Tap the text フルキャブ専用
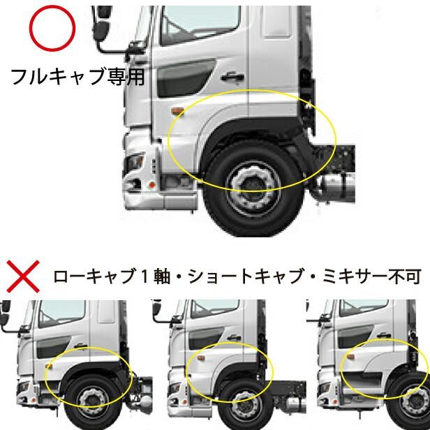(x=77, y=76)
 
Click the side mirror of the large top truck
(x=103, y=28)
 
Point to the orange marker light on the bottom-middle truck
(x=195, y=362)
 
